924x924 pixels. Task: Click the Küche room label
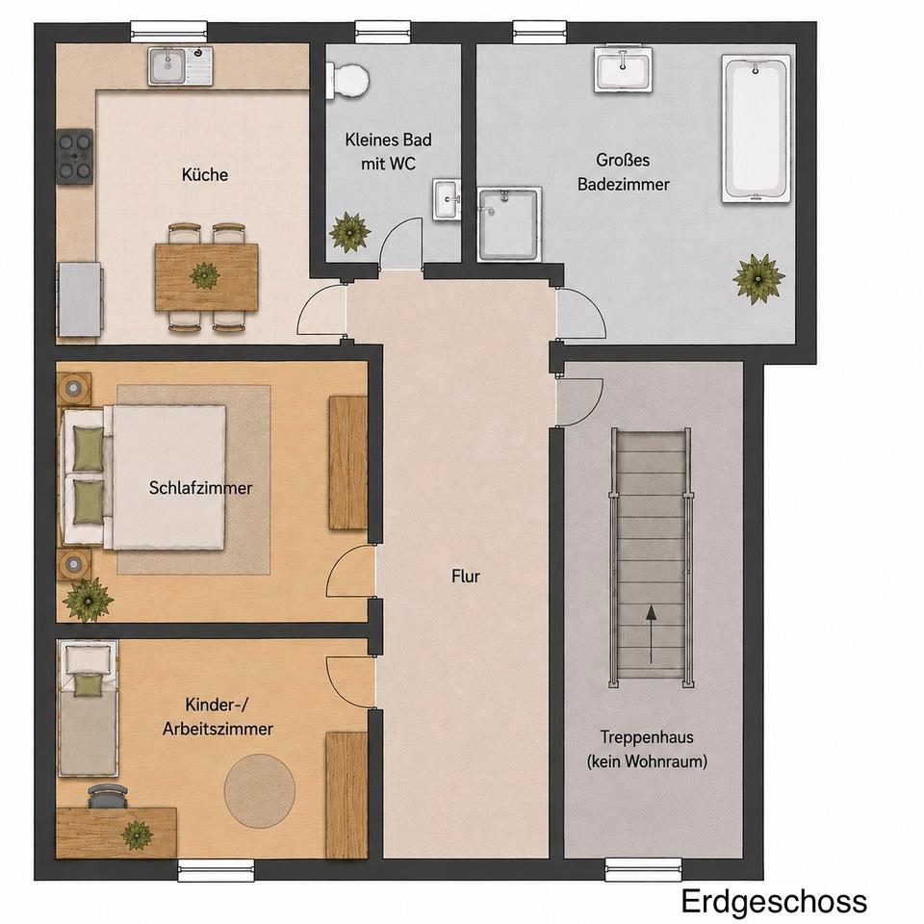[204, 174]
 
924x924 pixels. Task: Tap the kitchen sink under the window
[180, 65]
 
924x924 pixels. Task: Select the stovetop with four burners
[75, 156]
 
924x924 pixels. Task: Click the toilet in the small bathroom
[347, 81]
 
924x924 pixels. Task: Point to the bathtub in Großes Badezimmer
[757, 129]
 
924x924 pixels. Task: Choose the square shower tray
[509, 224]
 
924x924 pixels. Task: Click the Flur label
[466, 576]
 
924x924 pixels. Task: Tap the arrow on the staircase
[651, 634]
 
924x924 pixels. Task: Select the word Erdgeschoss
[774, 902]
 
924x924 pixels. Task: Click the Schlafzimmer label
[200, 487]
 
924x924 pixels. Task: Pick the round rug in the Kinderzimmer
[259, 790]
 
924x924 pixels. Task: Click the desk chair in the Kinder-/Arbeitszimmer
[108, 796]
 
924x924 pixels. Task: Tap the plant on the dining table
[204, 275]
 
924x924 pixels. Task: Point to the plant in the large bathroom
[757, 278]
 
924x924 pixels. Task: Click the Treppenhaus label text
[647, 749]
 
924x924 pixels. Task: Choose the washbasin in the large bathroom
[624, 70]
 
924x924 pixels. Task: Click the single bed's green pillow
[89, 685]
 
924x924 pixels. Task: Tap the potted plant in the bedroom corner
[89, 600]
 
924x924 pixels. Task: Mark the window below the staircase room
[643, 870]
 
